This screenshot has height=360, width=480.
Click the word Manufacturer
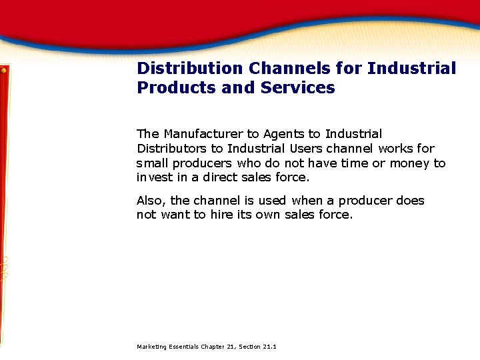point(204,134)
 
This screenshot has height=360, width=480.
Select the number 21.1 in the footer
point(270,347)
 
